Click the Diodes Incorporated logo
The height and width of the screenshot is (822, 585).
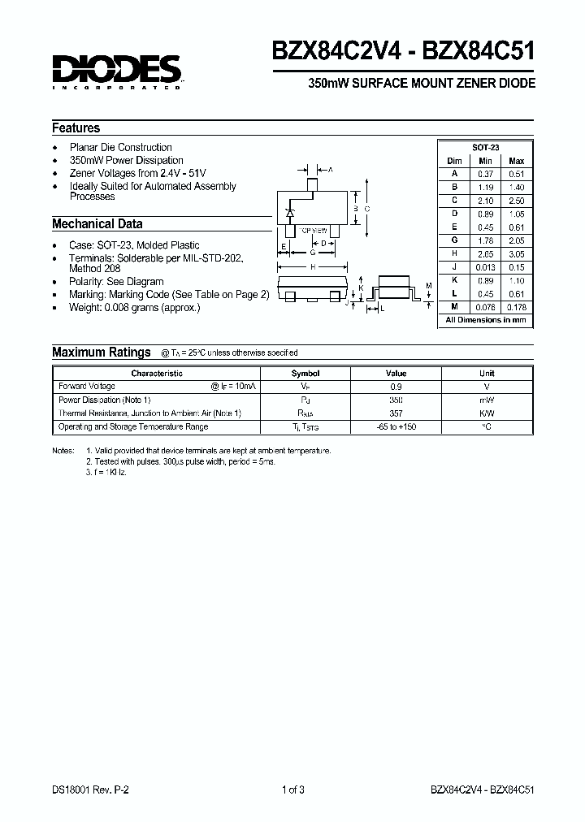[x=118, y=71]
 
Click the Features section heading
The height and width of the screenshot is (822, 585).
[x=76, y=128]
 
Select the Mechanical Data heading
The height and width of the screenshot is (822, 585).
[x=97, y=224]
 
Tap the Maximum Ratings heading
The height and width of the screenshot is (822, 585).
[x=102, y=353]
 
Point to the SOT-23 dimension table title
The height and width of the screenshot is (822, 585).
[x=486, y=147]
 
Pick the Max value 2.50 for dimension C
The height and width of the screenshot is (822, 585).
[x=517, y=200]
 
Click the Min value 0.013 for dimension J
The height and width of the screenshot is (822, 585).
[x=486, y=267]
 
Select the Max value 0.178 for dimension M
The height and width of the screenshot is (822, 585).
[x=517, y=307]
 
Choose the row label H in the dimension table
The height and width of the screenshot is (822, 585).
[x=455, y=254]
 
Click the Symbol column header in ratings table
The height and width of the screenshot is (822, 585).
[x=305, y=374]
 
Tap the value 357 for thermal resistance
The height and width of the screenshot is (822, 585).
[x=396, y=413]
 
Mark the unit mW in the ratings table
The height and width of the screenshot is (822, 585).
[x=487, y=400]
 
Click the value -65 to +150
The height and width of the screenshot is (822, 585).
[x=396, y=427]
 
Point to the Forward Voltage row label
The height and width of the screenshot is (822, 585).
[x=87, y=387]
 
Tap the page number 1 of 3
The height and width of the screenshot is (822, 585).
[x=292, y=789]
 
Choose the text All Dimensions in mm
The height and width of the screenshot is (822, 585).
[x=486, y=321]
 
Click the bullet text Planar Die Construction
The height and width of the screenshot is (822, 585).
[x=121, y=148]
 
